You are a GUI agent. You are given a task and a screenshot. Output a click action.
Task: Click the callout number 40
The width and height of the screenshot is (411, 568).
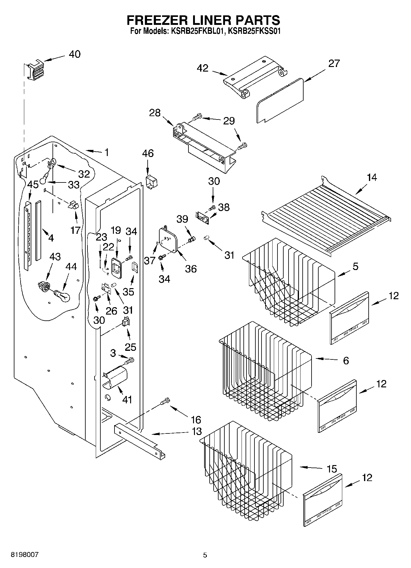pyautogui.click(x=75, y=54)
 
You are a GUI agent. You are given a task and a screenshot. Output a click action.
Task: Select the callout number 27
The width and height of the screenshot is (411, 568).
pyautogui.click(x=334, y=63)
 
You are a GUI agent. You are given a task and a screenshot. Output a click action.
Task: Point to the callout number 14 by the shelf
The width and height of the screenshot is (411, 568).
pyautogui.click(x=372, y=178)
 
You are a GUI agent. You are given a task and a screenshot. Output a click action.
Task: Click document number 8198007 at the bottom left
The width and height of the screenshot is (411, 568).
pyautogui.click(x=25, y=555)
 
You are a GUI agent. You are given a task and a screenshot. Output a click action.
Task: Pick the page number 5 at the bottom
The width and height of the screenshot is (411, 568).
pyautogui.click(x=205, y=555)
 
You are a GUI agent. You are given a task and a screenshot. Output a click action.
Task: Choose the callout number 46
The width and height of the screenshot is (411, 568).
pyautogui.click(x=148, y=153)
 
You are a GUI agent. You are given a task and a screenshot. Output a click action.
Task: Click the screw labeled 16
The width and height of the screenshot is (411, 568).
pyautogui.click(x=165, y=401)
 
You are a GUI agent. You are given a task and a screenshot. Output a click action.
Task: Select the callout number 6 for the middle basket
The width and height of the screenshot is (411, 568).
pyautogui.click(x=346, y=361)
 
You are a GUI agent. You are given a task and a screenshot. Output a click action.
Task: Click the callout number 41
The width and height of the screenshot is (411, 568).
pyautogui.click(x=127, y=400)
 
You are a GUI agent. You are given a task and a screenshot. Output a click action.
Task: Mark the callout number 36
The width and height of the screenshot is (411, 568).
pyautogui.click(x=191, y=269)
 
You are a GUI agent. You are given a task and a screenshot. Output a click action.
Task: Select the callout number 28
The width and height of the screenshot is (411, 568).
pyautogui.click(x=155, y=113)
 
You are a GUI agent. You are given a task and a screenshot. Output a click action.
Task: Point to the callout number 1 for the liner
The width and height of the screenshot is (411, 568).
pyautogui.click(x=107, y=152)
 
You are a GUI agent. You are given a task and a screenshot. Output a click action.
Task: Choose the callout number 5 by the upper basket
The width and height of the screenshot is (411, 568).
pyautogui.click(x=355, y=266)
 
